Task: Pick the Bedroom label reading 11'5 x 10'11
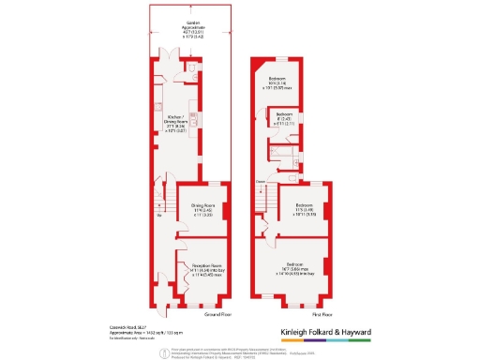point(304,208)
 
